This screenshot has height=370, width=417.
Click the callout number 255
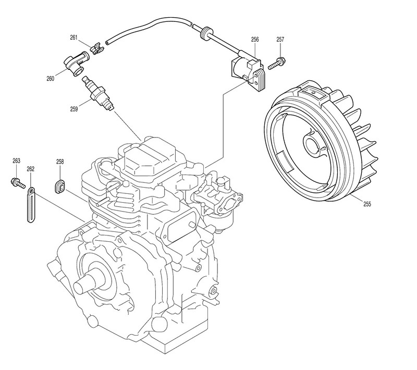(367, 204)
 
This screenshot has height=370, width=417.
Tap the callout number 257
(280, 40)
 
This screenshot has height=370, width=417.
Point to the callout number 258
(60, 163)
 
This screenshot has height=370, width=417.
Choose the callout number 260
(51, 79)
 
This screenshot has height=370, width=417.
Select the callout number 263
(16, 161)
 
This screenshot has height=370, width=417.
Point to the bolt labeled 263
(17, 182)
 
